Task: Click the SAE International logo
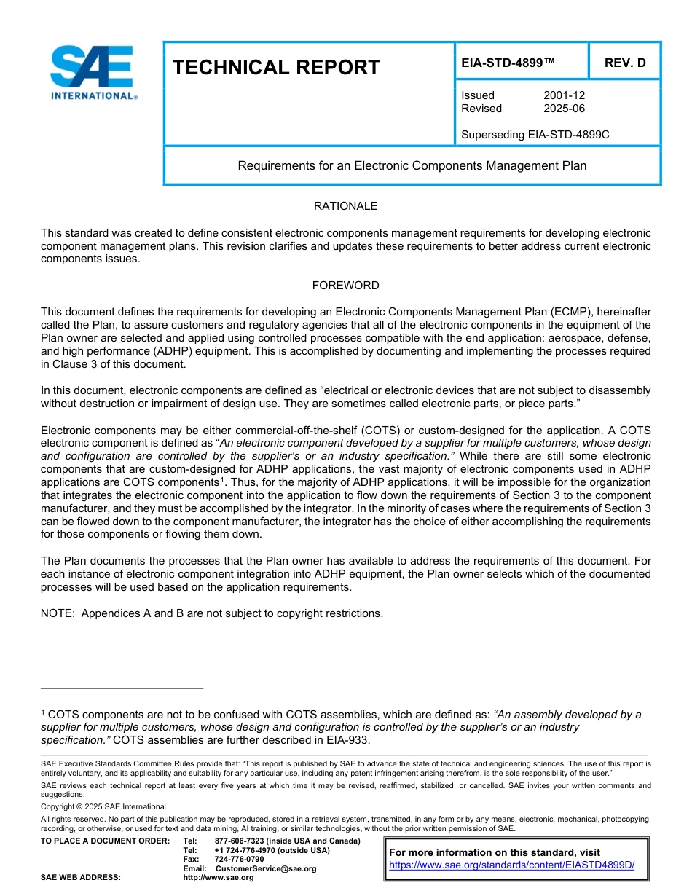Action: (93, 72)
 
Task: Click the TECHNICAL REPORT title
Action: (276, 68)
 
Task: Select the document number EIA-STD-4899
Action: (508, 63)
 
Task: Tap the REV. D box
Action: (624, 63)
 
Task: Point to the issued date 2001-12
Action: (564, 95)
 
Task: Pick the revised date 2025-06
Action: (564, 109)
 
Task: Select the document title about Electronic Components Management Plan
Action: (412, 165)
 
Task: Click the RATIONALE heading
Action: (345, 206)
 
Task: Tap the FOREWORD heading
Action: (345, 286)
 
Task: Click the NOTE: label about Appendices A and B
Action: (58, 613)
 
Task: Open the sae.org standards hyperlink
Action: (511, 865)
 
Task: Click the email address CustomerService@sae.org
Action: (266, 868)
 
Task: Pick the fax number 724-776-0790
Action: (239, 860)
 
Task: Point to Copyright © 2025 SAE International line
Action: (103, 806)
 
